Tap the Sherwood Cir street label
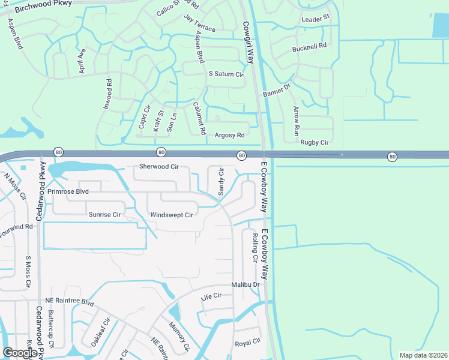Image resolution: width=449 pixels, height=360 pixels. click(159, 166)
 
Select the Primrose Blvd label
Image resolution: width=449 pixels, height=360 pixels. click(68, 191)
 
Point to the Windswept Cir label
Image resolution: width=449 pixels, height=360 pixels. click(172, 215)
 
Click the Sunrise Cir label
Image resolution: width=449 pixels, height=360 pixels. click(105, 214)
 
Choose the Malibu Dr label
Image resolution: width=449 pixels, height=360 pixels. click(246, 285)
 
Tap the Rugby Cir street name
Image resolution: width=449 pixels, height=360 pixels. click(315, 143)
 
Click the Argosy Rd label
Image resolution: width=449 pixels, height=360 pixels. click(230, 136)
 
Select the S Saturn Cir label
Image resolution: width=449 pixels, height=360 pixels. click(226, 74)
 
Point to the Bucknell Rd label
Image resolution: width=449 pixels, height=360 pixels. click(309, 46)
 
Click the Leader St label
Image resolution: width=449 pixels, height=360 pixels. click(316, 19)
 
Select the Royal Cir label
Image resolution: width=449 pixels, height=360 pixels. click(248, 343)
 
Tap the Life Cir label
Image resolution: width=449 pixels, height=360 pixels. click(211, 296)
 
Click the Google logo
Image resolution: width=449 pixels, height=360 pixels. click(20, 353)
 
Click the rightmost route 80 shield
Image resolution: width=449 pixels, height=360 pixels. click(392, 157)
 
